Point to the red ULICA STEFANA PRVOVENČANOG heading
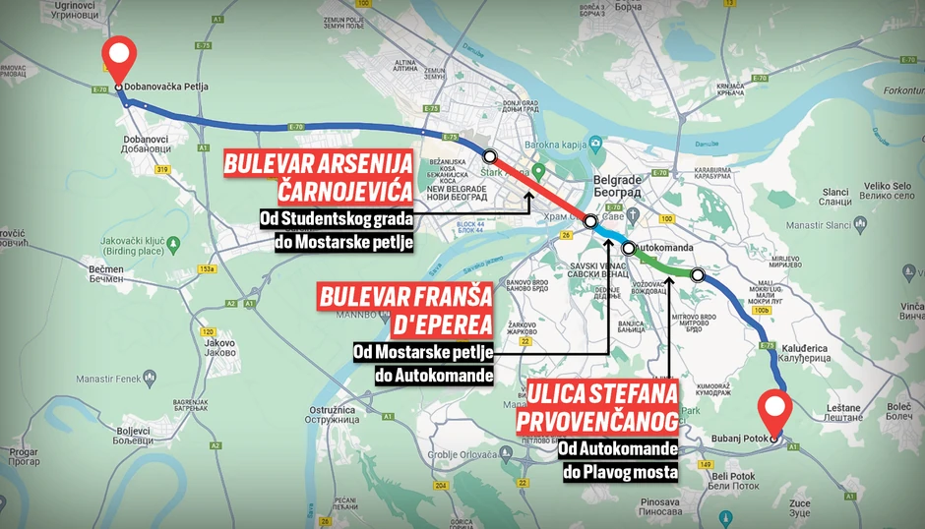click(x=603, y=408)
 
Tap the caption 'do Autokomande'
click(x=433, y=375)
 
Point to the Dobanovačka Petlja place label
click(x=170, y=87)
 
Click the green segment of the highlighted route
click(x=664, y=265)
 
